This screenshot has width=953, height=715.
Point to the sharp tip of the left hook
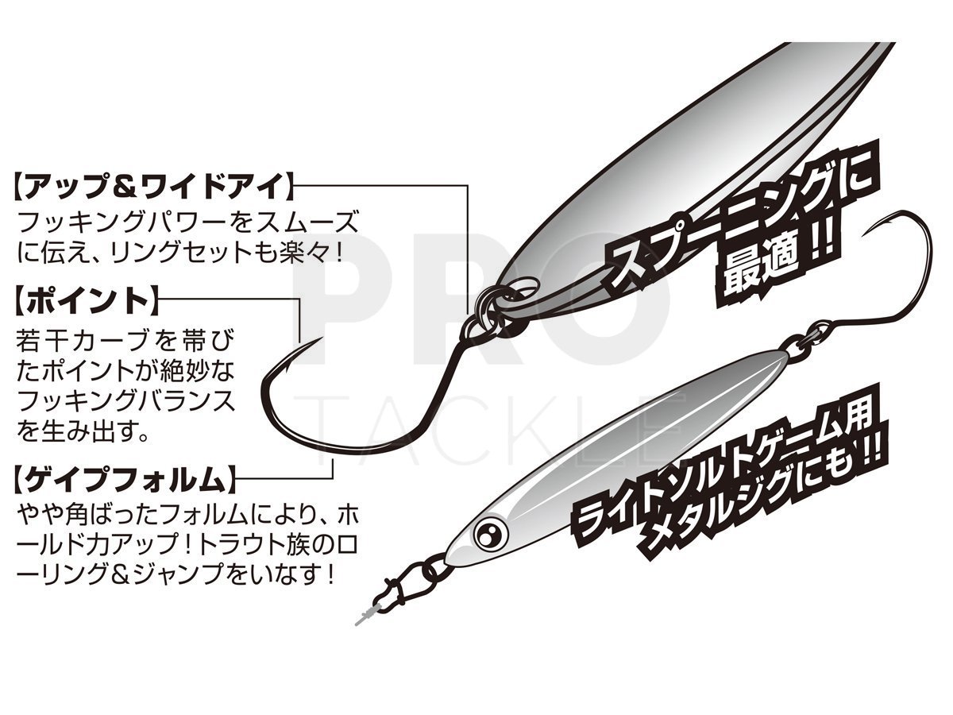point(322,338)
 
